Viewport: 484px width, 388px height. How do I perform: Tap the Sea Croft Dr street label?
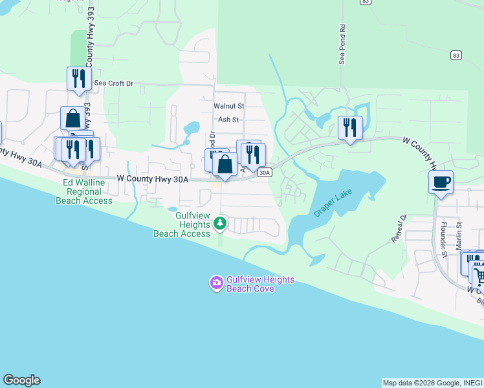pos(113,83)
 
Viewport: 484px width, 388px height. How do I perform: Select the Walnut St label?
pos(229,105)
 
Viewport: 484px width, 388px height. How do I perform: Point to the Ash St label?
pos(228,120)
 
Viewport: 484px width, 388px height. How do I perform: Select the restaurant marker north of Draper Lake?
pos(350,127)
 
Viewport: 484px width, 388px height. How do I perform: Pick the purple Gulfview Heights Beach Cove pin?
pos(216,283)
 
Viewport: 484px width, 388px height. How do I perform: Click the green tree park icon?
pos(221,224)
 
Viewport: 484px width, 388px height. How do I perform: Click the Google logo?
pos(21,380)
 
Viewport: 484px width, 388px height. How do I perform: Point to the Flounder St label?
pos(445,239)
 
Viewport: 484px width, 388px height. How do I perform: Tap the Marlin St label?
pos(458,232)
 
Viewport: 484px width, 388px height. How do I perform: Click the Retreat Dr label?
pos(399,228)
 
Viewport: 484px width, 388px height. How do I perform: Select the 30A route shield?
pos(264,173)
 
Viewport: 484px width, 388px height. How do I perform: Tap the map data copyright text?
pos(432,383)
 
